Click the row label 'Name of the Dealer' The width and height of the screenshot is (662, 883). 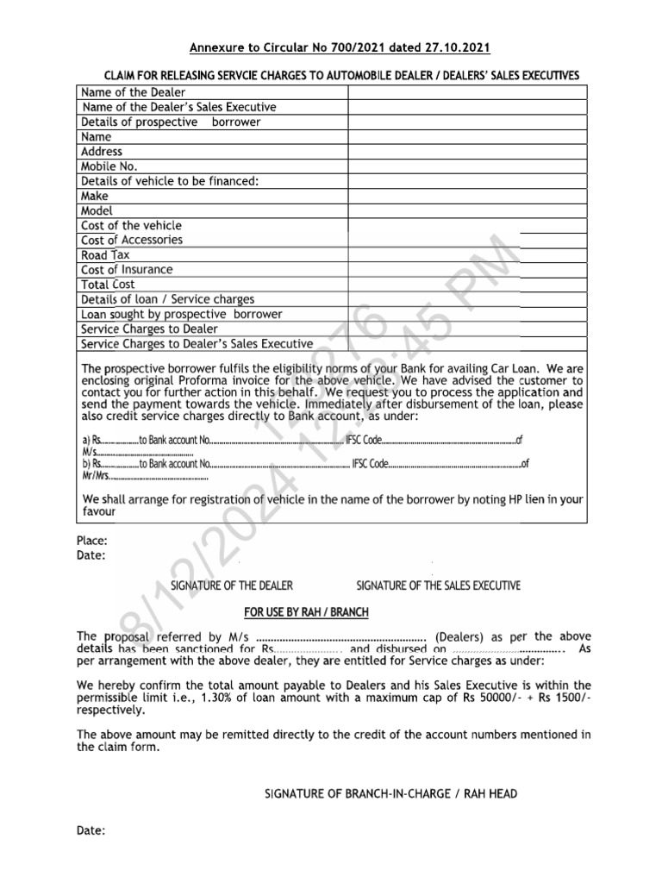134,92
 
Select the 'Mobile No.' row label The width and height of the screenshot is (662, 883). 109,166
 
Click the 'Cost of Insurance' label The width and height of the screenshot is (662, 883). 127,270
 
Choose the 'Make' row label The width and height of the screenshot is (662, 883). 95,196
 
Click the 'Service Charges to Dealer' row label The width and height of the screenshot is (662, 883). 149,329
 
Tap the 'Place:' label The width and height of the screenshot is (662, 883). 92,541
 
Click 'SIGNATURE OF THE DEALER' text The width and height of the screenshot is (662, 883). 232,586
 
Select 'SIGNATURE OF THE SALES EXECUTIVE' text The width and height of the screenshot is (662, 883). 438,586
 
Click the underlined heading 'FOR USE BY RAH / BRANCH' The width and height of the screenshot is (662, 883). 306,612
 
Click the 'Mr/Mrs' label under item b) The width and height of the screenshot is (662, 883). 97,477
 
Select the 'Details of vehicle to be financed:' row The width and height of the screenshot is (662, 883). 170,181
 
